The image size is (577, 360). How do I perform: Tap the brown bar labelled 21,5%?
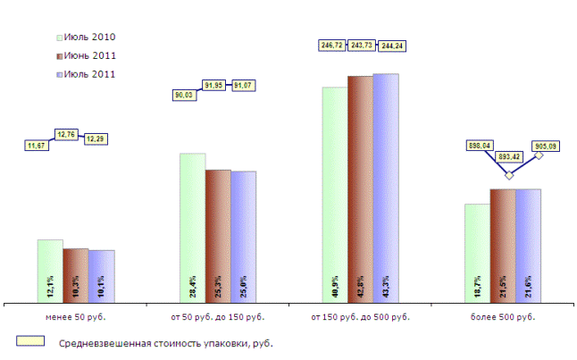(x=502, y=246)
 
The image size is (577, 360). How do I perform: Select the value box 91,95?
(x=218, y=85)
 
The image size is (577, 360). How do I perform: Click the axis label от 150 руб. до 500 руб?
(x=360, y=317)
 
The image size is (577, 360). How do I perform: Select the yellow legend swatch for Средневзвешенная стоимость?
(x=30, y=342)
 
